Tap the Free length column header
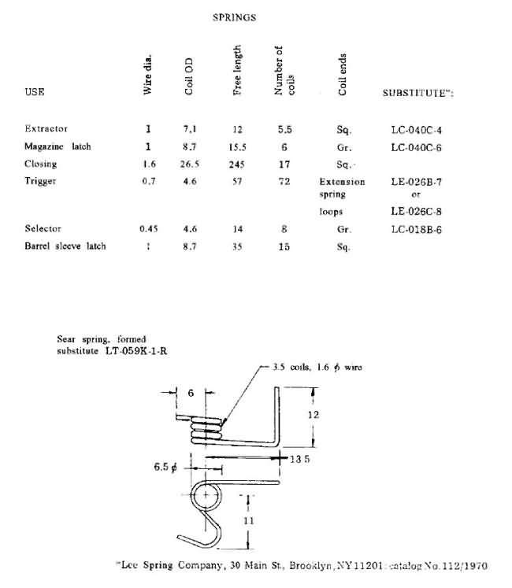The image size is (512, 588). (238, 70)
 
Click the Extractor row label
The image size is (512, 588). (46, 128)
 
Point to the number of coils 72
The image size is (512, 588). (284, 183)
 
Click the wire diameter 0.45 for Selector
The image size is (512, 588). (147, 229)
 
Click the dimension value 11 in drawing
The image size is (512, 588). (249, 520)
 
